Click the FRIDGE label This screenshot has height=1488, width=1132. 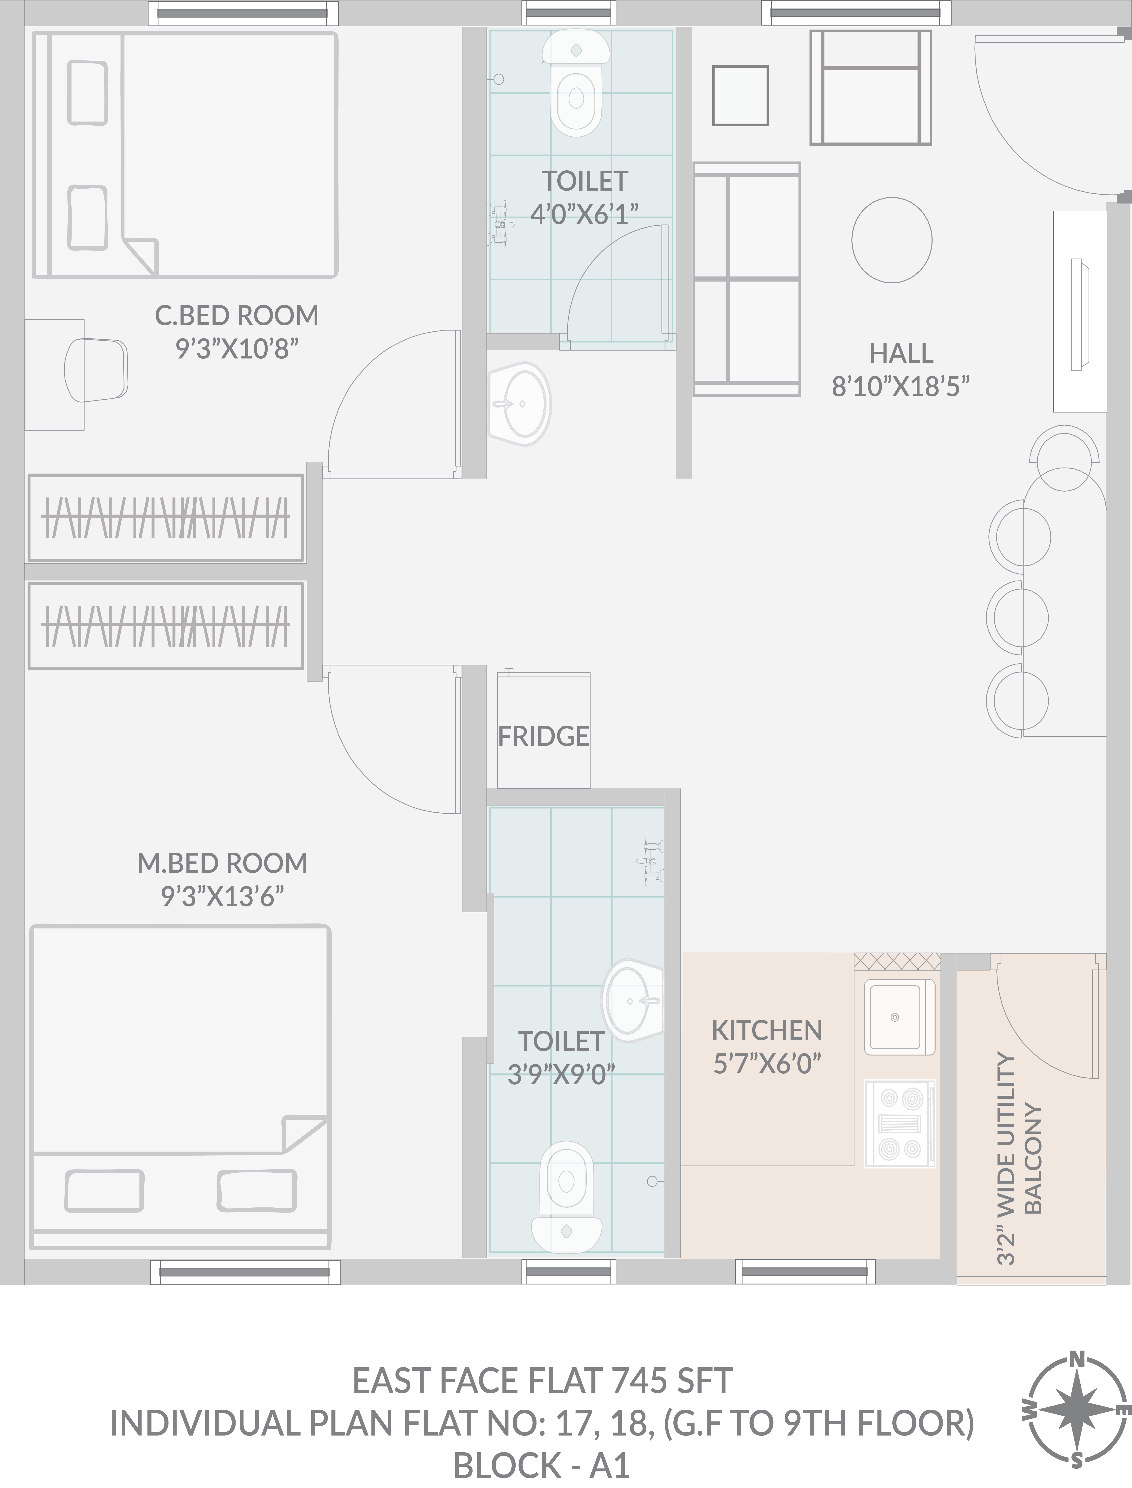[x=543, y=737]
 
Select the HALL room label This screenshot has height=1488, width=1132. [x=901, y=353]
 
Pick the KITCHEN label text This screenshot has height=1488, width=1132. [x=767, y=1030]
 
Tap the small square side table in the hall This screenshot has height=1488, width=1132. [x=740, y=95]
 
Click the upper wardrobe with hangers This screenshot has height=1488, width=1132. [x=165, y=518]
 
